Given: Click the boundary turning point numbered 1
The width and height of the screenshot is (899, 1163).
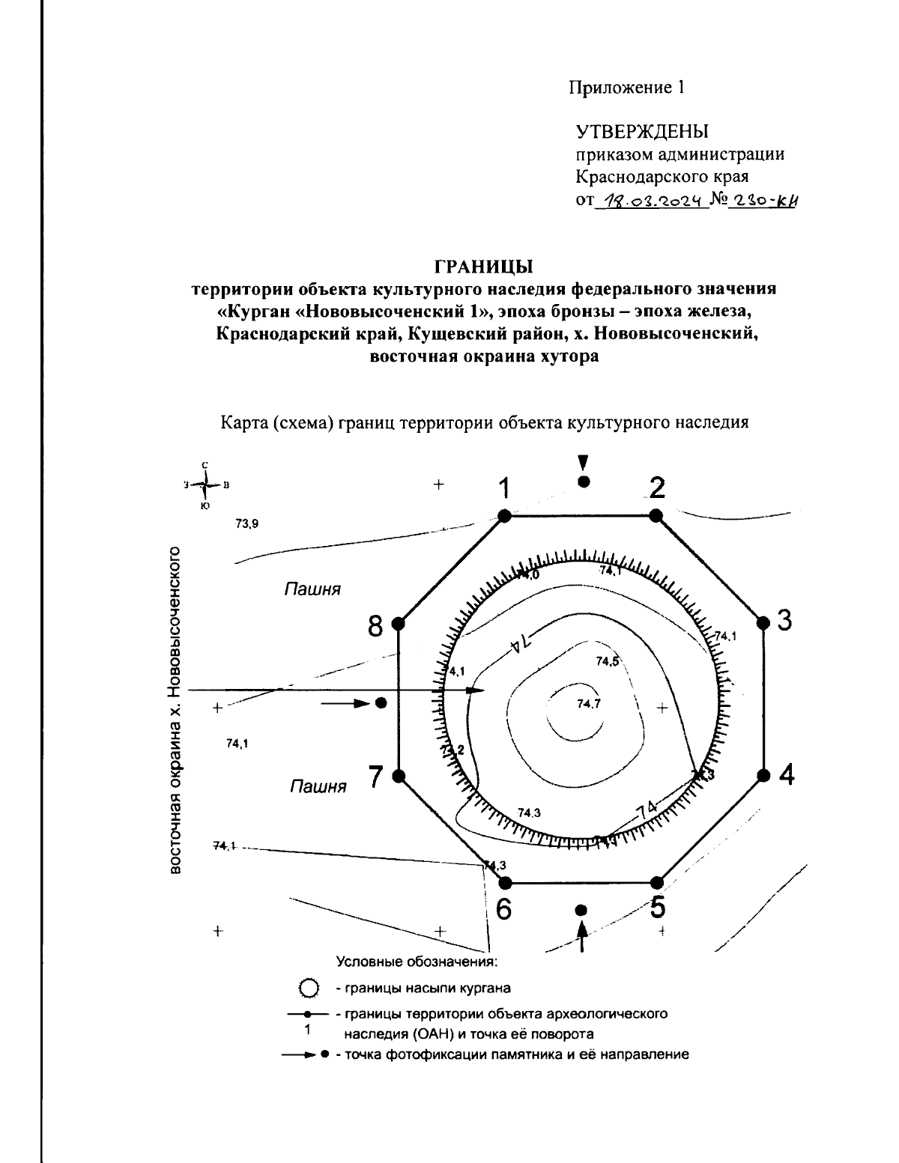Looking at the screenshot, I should (504, 515).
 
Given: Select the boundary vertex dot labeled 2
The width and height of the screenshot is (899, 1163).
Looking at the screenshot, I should (656, 515).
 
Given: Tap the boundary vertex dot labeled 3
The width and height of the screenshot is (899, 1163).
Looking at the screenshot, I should (763, 622).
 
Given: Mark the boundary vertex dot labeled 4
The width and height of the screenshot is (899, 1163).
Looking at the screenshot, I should (763, 775).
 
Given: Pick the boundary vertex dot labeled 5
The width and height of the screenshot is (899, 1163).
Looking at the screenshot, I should (657, 882).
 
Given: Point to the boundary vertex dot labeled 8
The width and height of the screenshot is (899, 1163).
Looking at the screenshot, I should (399, 623).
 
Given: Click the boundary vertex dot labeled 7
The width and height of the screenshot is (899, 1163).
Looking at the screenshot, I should (399, 775).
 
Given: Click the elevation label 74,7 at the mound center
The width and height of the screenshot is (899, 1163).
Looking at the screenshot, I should (589, 703).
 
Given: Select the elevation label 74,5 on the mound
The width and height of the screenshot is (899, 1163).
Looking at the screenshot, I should (607, 661).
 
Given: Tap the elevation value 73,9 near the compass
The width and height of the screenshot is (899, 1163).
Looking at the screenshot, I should (246, 524).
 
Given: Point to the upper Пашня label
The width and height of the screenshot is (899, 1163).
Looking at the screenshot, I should (312, 590).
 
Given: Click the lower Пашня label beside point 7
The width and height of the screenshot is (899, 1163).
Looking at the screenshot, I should (318, 787).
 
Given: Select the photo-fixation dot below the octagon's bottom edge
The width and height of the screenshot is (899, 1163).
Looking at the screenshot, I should (580, 910).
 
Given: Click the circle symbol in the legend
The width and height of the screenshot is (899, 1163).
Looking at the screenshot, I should (306, 988).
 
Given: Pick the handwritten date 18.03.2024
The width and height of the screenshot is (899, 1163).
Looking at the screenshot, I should (650, 200).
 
